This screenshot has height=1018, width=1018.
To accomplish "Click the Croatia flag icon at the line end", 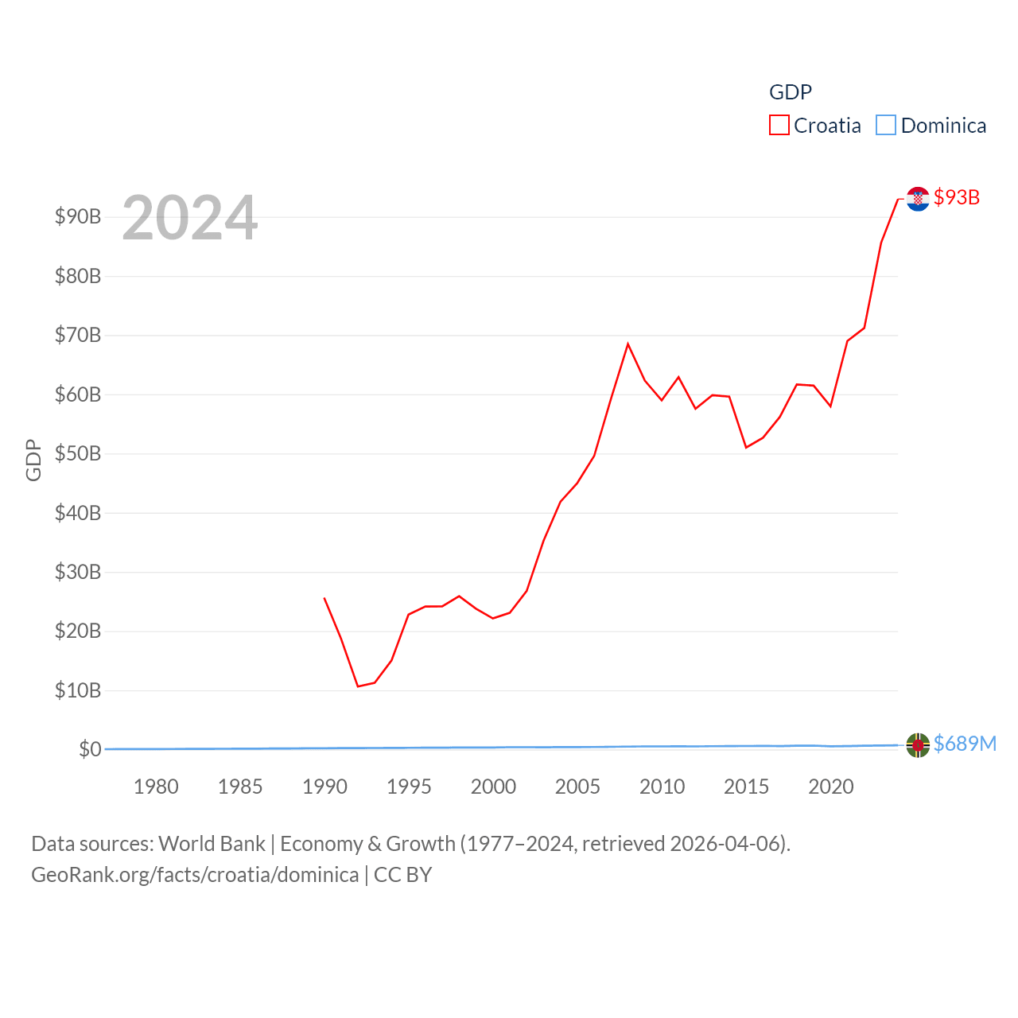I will click(x=918, y=198).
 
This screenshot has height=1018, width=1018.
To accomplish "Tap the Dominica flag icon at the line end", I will click(x=918, y=745).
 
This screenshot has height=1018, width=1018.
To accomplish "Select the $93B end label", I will click(x=957, y=197).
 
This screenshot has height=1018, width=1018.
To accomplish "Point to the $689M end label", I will click(x=965, y=744).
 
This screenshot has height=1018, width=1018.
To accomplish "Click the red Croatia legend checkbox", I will click(x=779, y=126).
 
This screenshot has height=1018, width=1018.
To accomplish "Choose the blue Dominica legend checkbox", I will click(x=886, y=126).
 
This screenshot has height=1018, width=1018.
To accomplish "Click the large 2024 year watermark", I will click(x=190, y=217).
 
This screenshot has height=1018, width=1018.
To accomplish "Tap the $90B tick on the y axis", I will click(x=78, y=216).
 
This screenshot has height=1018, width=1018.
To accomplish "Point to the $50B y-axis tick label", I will click(x=78, y=453).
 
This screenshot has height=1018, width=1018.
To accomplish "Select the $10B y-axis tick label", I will click(x=78, y=690).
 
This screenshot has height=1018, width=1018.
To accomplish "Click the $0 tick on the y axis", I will click(x=90, y=749).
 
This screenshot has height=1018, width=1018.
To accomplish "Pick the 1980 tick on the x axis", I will click(x=156, y=787).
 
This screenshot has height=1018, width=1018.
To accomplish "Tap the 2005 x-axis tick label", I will click(x=577, y=787).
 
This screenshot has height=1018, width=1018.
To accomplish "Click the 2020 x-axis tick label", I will click(x=831, y=787).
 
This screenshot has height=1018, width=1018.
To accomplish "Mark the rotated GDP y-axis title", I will click(x=33, y=460).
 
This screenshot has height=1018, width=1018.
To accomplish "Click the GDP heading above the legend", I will click(x=791, y=92).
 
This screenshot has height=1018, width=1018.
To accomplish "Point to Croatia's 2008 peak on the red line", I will click(x=628, y=344).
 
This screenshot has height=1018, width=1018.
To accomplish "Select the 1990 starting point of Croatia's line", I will click(x=324, y=598).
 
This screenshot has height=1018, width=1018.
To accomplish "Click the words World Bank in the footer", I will click(x=212, y=843).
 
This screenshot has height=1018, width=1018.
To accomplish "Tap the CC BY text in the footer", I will click(x=402, y=875).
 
